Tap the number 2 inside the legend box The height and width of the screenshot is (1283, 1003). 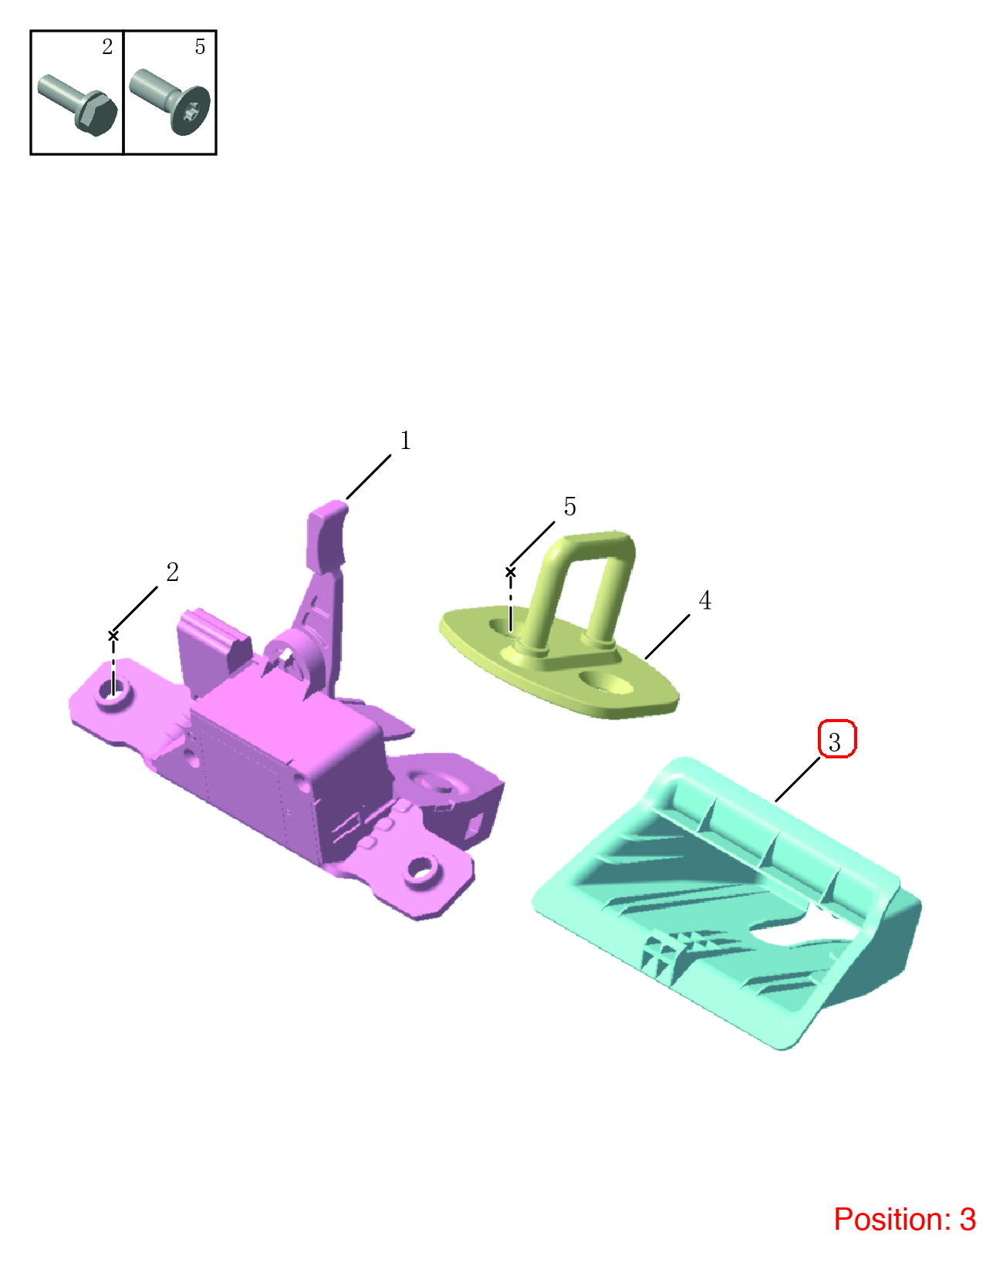107,46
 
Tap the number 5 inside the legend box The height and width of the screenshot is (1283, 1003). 200,46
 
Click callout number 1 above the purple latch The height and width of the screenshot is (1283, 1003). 406,441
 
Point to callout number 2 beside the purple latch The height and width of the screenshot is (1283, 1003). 172,572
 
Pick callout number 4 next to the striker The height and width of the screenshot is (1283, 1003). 705,600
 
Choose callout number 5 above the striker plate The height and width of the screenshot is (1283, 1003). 569,507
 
